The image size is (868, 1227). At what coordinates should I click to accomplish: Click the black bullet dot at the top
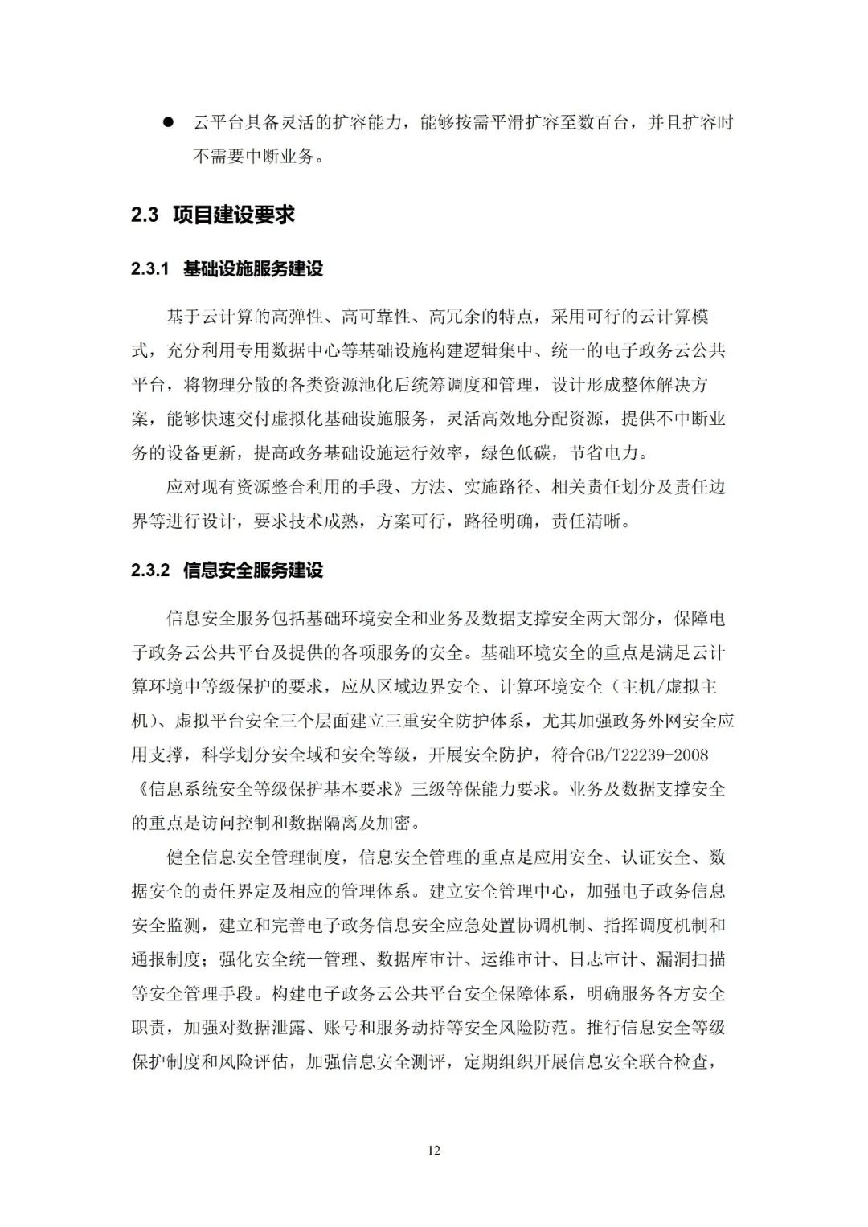tap(168, 123)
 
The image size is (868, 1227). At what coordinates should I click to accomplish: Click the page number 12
tap(434, 1151)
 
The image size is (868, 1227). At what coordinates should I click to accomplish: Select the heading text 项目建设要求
tap(234, 215)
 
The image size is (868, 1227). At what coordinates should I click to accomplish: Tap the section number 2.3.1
tap(150, 268)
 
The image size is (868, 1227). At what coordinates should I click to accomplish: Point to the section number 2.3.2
tap(150, 571)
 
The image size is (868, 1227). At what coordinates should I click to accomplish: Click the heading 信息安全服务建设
tap(253, 571)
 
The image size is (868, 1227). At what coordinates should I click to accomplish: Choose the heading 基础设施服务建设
tap(253, 268)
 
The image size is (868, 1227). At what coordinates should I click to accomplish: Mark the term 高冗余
tap(455, 317)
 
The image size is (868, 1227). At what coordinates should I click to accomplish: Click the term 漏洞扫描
tap(691, 959)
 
